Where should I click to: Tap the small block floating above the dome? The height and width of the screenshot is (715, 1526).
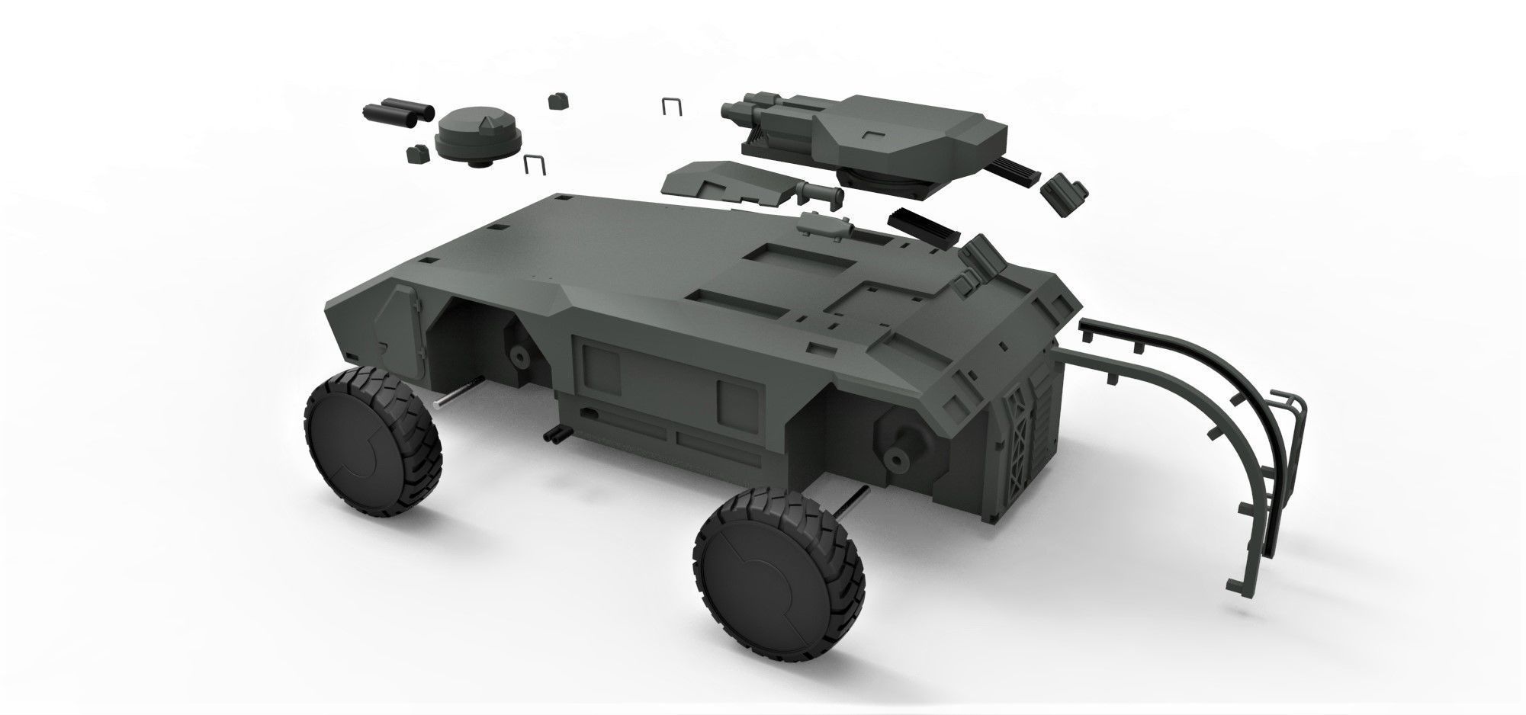pyautogui.click(x=557, y=101)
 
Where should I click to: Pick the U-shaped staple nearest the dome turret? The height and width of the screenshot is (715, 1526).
pyautogui.click(x=535, y=164)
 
